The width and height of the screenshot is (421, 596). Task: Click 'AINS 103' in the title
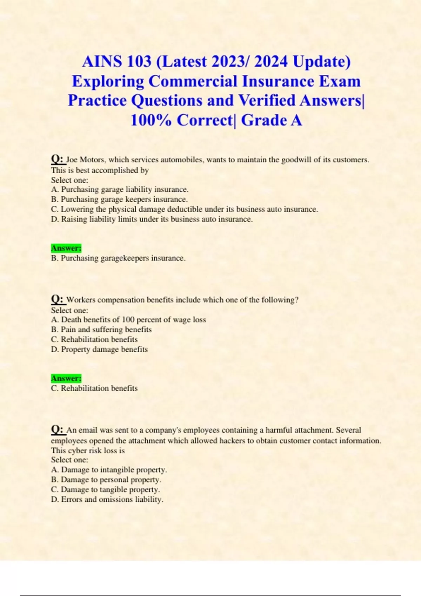pyautogui.click(x=117, y=62)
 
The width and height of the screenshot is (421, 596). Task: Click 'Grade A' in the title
pyautogui.click(x=271, y=120)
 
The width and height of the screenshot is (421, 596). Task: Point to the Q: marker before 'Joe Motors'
pyautogui.click(x=58, y=159)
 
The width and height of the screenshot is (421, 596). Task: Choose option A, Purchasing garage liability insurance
pyautogui.click(x=120, y=190)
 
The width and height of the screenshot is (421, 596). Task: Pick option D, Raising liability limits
pyautogui.click(x=152, y=219)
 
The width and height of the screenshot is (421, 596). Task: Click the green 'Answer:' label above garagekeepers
pyautogui.click(x=66, y=248)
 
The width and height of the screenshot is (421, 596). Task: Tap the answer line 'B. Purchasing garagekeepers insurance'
pyautogui.click(x=118, y=258)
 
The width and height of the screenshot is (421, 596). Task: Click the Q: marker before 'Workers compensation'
pyautogui.click(x=58, y=299)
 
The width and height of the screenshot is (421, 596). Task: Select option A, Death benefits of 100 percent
pyautogui.click(x=128, y=320)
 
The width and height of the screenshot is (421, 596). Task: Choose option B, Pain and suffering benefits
pyautogui.click(x=101, y=330)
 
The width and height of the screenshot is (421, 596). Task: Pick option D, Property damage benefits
pyautogui.click(x=99, y=350)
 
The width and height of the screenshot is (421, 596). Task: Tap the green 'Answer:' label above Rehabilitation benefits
pyautogui.click(x=66, y=378)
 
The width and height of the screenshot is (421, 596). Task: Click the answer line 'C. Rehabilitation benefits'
pyautogui.click(x=94, y=388)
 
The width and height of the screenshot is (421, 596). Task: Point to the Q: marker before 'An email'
pyautogui.click(x=58, y=429)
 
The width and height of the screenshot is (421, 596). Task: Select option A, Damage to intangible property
pyautogui.click(x=109, y=470)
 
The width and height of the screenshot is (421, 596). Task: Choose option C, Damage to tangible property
pyautogui.click(x=105, y=490)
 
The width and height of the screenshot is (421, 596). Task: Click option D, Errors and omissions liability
pyautogui.click(x=107, y=500)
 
